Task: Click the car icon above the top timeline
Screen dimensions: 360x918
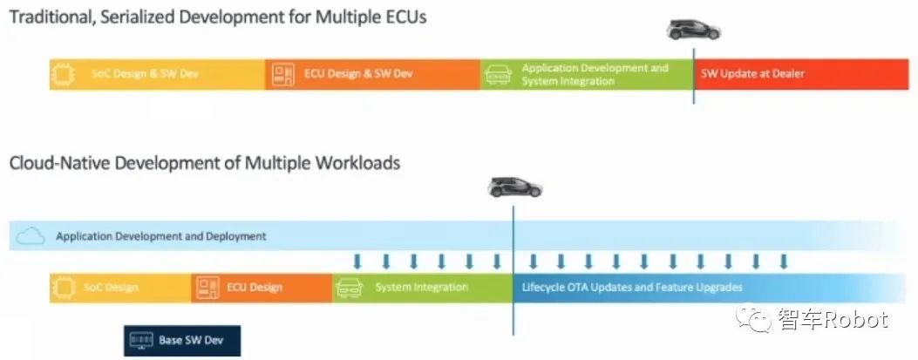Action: [693, 30]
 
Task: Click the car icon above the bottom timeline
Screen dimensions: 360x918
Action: [514, 187]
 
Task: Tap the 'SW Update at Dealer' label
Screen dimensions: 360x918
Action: [752, 74]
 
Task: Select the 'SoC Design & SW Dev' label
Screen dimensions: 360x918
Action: [145, 74]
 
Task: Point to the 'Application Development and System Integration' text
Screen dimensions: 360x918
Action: [595, 74]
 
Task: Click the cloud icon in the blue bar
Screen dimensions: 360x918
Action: [31, 235]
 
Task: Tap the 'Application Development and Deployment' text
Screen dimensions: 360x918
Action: [161, 236]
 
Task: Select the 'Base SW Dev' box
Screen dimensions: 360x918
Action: [181, 340]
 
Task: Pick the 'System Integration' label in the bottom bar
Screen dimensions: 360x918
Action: [421, 287]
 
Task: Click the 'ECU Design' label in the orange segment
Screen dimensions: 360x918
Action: [255, 287]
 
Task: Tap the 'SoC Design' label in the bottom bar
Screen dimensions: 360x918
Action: [111, 287]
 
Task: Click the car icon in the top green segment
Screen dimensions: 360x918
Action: [498, 74]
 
